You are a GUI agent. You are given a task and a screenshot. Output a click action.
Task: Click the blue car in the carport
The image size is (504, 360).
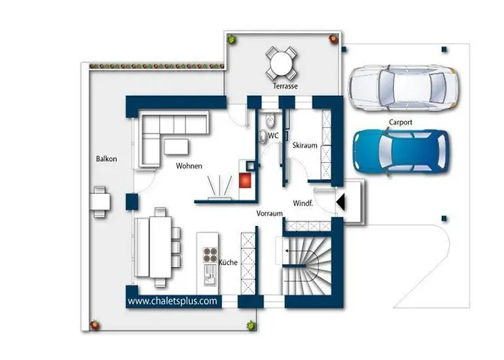tap(401, 151)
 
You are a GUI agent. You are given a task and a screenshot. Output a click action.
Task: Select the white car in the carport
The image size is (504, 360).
tap(404, 88)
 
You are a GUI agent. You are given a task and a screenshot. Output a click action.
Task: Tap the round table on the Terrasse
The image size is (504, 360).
tap(282, 63)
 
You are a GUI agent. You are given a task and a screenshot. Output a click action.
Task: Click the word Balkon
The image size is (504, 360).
tap(107, 159)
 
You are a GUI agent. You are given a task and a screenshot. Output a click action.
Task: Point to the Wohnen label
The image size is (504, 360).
tap(189, 166)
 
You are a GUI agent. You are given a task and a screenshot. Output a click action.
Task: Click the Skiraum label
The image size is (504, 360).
tap(305, 145)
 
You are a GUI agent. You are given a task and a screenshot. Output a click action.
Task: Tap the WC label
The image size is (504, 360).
tap(273, 136)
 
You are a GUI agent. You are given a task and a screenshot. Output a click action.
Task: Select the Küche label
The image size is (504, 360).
tap(228, 262)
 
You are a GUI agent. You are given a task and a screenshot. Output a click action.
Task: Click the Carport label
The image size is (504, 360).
tap(400, 122)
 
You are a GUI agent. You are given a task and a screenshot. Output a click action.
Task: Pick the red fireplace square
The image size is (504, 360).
tap(245, 180)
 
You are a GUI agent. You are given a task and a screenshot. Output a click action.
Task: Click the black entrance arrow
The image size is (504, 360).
tap(341, 202)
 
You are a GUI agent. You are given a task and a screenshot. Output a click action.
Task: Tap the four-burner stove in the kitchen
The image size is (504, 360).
tap(210, 255)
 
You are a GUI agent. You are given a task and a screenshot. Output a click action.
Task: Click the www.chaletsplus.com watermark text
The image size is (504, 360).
tap(172, 301)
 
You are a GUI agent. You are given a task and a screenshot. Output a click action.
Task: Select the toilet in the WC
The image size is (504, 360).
tap(270, 120)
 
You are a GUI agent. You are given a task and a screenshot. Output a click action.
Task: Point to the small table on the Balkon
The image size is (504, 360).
tap(100, 202)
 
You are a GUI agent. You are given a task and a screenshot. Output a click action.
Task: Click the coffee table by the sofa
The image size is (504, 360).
tap(176, 147)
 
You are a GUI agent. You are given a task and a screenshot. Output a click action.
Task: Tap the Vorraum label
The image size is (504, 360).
tap(269, 213)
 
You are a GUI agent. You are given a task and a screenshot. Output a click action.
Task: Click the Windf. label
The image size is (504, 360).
tap(303, 203)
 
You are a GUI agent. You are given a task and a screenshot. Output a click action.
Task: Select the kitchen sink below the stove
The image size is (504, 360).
tap(210, 275)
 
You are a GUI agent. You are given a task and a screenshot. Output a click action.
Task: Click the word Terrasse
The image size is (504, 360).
tap(285, 86)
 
